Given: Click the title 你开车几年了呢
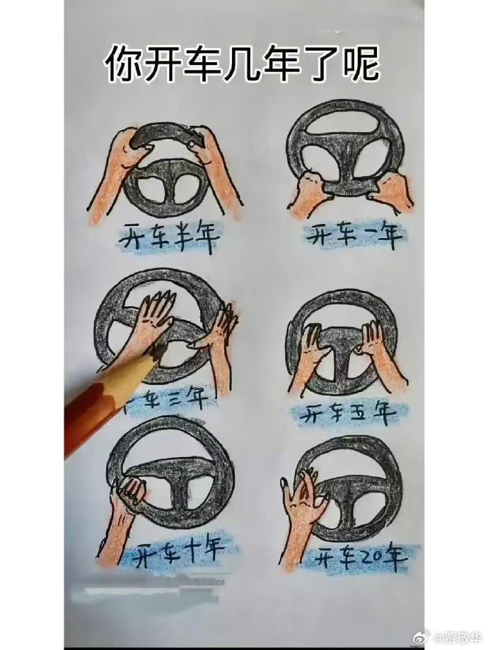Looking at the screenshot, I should click(x=243, y=64).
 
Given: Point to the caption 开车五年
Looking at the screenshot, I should click(x=347, y=414).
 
